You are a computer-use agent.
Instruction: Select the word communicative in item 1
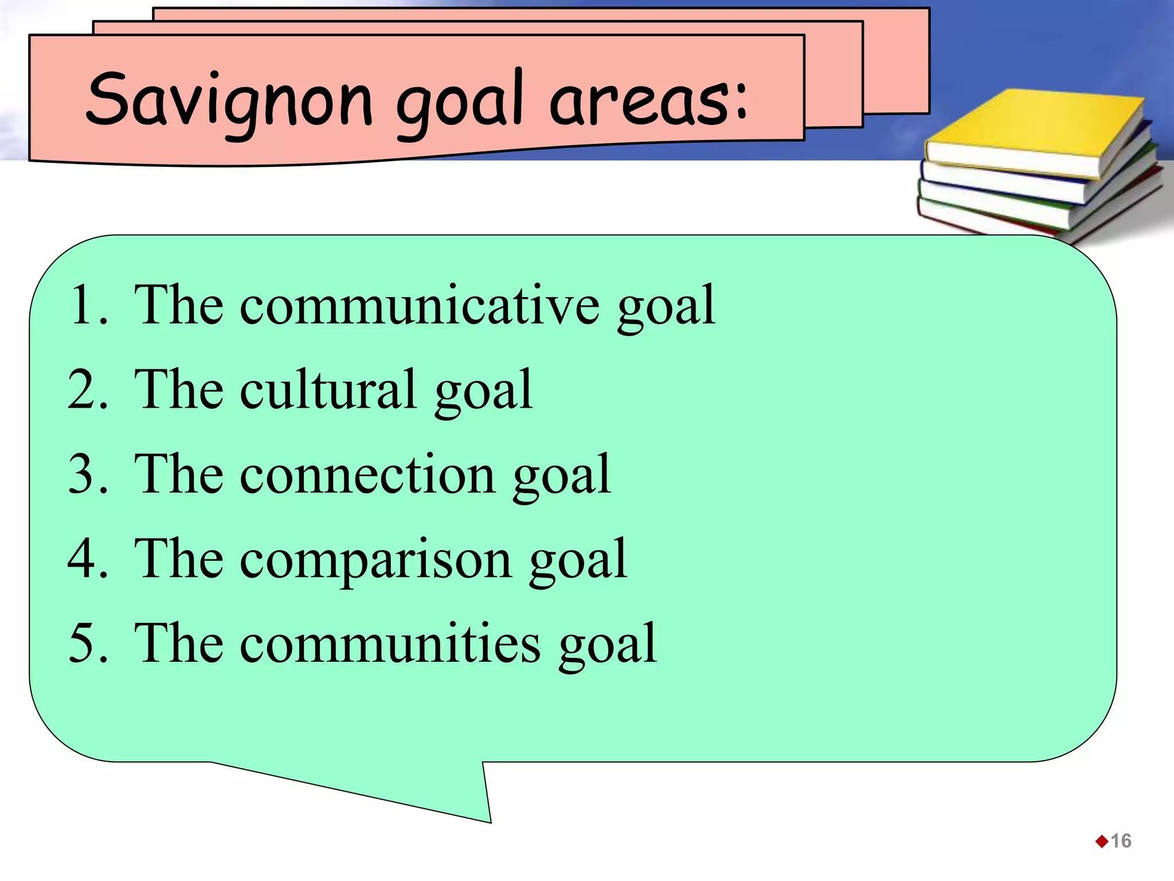click(420, 305)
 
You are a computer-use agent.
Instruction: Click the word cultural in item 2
click(328, 390)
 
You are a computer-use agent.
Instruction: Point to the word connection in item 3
click(367, 474)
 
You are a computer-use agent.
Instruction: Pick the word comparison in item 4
click(375, 559)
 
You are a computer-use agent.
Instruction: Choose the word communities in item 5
click(390, 644)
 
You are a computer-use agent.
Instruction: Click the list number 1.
click(86, 305)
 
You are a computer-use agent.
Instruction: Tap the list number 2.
click(86, 390)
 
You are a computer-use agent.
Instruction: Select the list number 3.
click(86, 474)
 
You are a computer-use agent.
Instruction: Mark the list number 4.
click(86, 559)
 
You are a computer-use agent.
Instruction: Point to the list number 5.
click(86, 644)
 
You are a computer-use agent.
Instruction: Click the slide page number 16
click(1121, 841)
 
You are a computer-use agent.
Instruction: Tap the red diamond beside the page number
click(1101, 841)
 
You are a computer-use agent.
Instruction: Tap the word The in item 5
click(178, 644)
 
